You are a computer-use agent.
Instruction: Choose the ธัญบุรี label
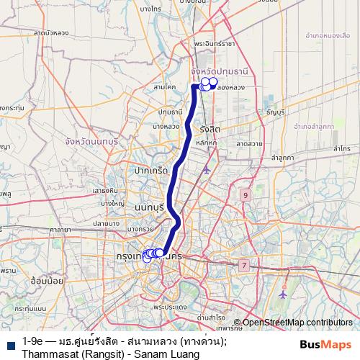[275, 113]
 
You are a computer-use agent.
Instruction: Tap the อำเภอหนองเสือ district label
[328, 34]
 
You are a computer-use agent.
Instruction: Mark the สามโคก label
[165, 86]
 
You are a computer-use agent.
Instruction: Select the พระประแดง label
[170, 307]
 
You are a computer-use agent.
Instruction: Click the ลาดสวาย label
[248, 143]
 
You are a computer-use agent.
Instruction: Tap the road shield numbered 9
[246, 195]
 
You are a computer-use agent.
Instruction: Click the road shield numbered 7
[243, 265]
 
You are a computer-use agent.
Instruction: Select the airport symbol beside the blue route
[207, 170]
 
